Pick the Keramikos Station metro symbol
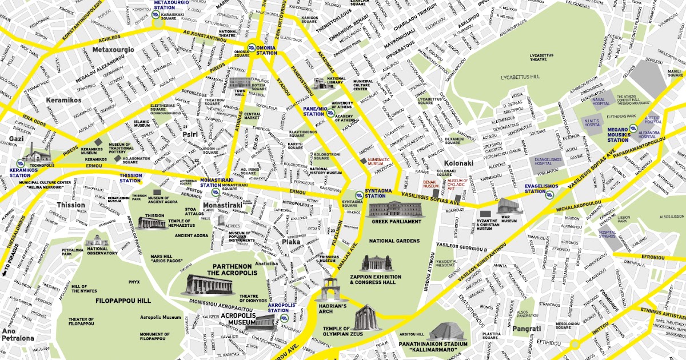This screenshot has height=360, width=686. click(x=21, y=162)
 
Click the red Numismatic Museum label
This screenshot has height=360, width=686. click(x=383, y=161)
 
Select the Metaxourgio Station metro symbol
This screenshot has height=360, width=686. click(x=156, y=15)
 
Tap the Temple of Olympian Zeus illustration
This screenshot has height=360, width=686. click(x=365, y=316)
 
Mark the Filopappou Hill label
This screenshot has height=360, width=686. click(x=123, y=300)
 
